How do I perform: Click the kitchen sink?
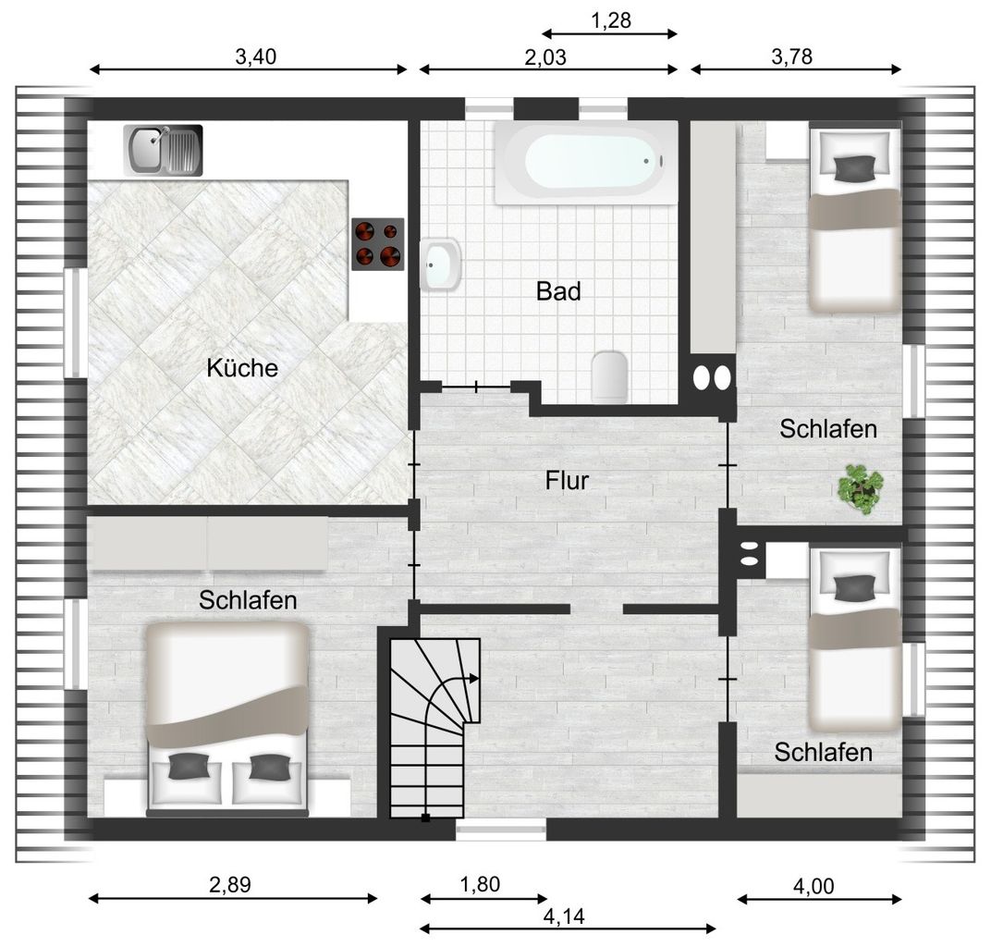click(163, 150)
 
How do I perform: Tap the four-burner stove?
click(378, 245)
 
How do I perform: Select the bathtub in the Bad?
click(586, 163)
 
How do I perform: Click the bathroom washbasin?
click(441, 264)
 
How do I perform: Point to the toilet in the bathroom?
click(609, 376)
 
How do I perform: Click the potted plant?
click(860, 488)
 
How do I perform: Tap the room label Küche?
click(242, 368)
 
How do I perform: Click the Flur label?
click(567, 481)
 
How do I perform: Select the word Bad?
click(558, 291)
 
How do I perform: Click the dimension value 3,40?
click(256, 57)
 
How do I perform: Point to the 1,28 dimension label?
click(610, 21)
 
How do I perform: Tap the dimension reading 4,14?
click(564, 916)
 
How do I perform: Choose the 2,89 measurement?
click(230, 884)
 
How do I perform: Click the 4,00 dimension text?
click(814, 886)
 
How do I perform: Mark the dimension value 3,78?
click(792, 57)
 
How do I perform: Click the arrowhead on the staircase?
click(473, 678)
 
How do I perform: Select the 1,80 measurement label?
click(481, 884)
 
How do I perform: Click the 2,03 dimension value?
click(545, 57)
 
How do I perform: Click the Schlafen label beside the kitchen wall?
click(248, 600)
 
